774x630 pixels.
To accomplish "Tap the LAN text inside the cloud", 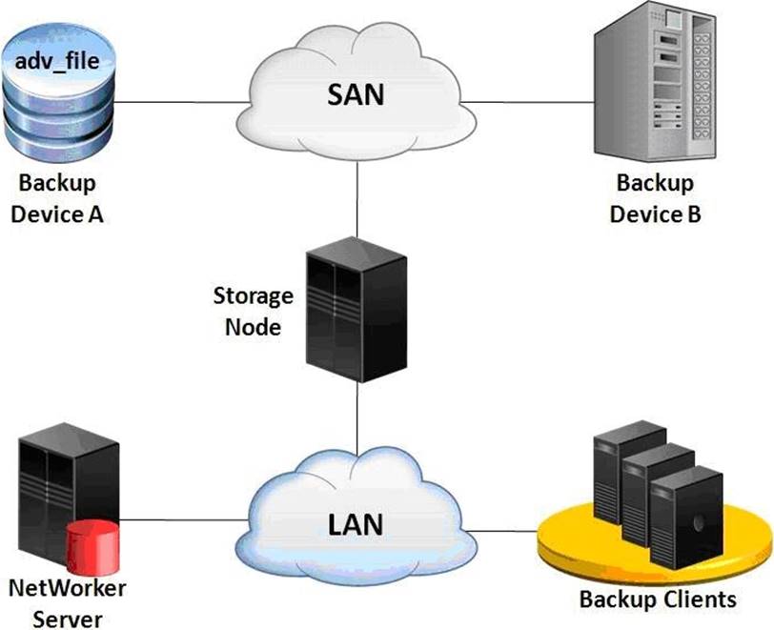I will point(356,522).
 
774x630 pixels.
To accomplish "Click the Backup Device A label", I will point(56,198).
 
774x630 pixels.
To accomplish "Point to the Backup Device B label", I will point(655,198).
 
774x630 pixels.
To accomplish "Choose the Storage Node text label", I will point(253,310).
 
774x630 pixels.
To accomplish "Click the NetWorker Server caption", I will point(66,602).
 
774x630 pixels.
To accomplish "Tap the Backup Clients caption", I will point(658,600).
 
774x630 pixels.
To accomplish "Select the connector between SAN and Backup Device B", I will point(534,99).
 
